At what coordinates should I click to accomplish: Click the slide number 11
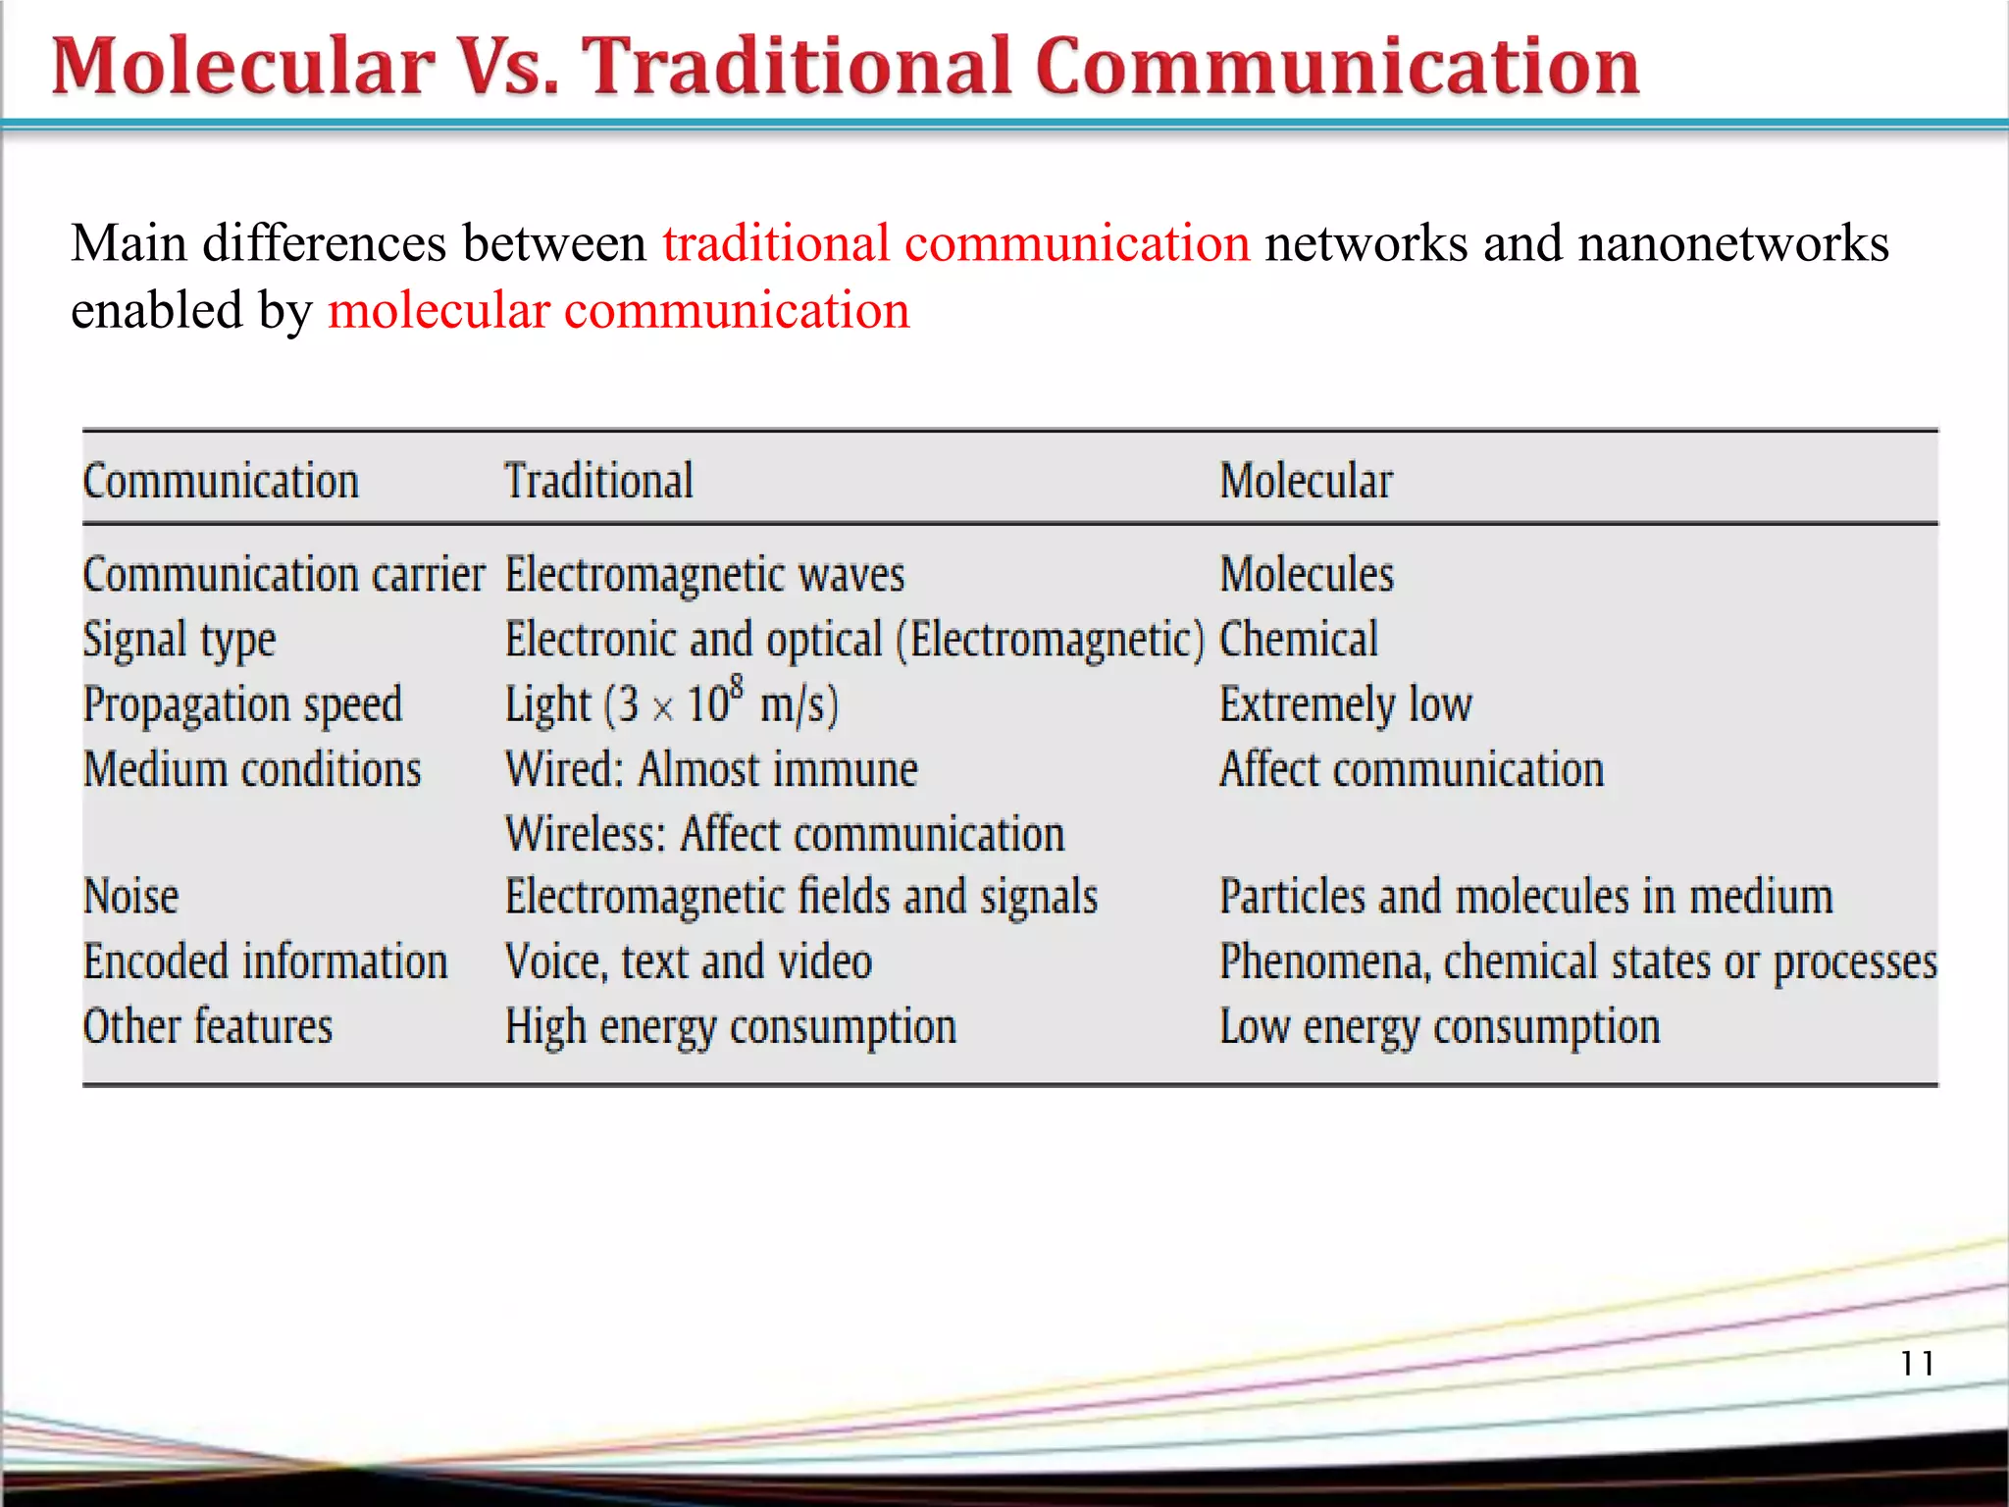[x=1917, y=1363]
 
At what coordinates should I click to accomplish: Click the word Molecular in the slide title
[x=243, y=67]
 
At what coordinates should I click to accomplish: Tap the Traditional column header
[x=599, y=481]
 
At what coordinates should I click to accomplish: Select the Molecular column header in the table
[x=1306, y=481]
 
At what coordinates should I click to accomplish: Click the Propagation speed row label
[x=242, y=705]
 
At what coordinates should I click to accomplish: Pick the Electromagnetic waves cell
[x=704, y=575]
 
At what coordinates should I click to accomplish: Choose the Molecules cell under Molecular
[x=1306, y=575]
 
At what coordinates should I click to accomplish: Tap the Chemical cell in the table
[x=1298, y=640]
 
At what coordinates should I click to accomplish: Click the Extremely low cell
[x=1345, y=705]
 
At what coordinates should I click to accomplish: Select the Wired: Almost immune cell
[x=711, y=770]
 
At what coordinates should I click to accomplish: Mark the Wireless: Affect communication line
[x=785, y=835]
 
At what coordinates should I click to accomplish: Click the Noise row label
[x=131, y=897]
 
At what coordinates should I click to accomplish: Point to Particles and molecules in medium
[x=1525, y=897]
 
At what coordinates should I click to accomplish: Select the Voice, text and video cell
[x=688, y=961]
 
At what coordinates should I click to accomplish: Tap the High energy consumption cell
[x=730, y=1027]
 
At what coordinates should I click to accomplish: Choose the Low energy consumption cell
[x=1439, y=1027]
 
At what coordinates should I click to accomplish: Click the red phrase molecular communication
[x=618, y=311]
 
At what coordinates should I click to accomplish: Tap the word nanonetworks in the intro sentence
[x=1733, y=243]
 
